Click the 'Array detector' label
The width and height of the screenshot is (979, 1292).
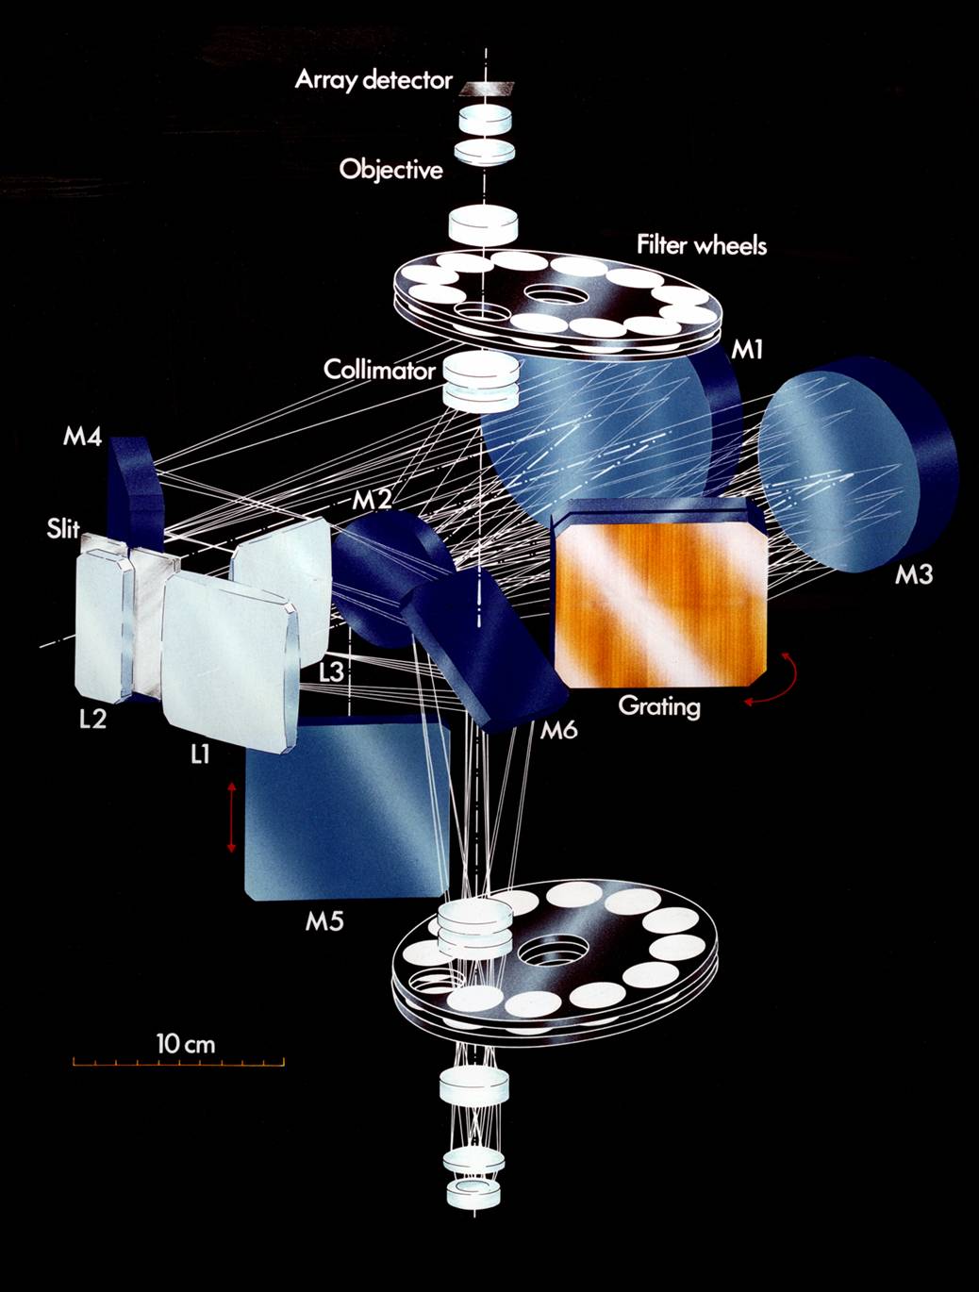[373, 80]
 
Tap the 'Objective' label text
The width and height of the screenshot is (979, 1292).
[390, 171]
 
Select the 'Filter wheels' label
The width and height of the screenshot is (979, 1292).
[701, 246]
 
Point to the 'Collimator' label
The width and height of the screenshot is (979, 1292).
[379, 370]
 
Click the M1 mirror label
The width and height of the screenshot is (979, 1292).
[747, 351]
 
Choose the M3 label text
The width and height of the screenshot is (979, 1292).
[913, 574]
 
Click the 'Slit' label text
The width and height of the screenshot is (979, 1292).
[63, 529]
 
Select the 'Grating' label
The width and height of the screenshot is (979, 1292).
[659, 705]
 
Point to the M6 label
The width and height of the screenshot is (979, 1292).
[559, 729]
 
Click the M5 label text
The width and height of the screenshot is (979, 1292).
[324, 921]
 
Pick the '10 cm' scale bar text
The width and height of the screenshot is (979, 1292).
[186, 1044]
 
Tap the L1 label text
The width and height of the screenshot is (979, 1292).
[199, 754]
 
